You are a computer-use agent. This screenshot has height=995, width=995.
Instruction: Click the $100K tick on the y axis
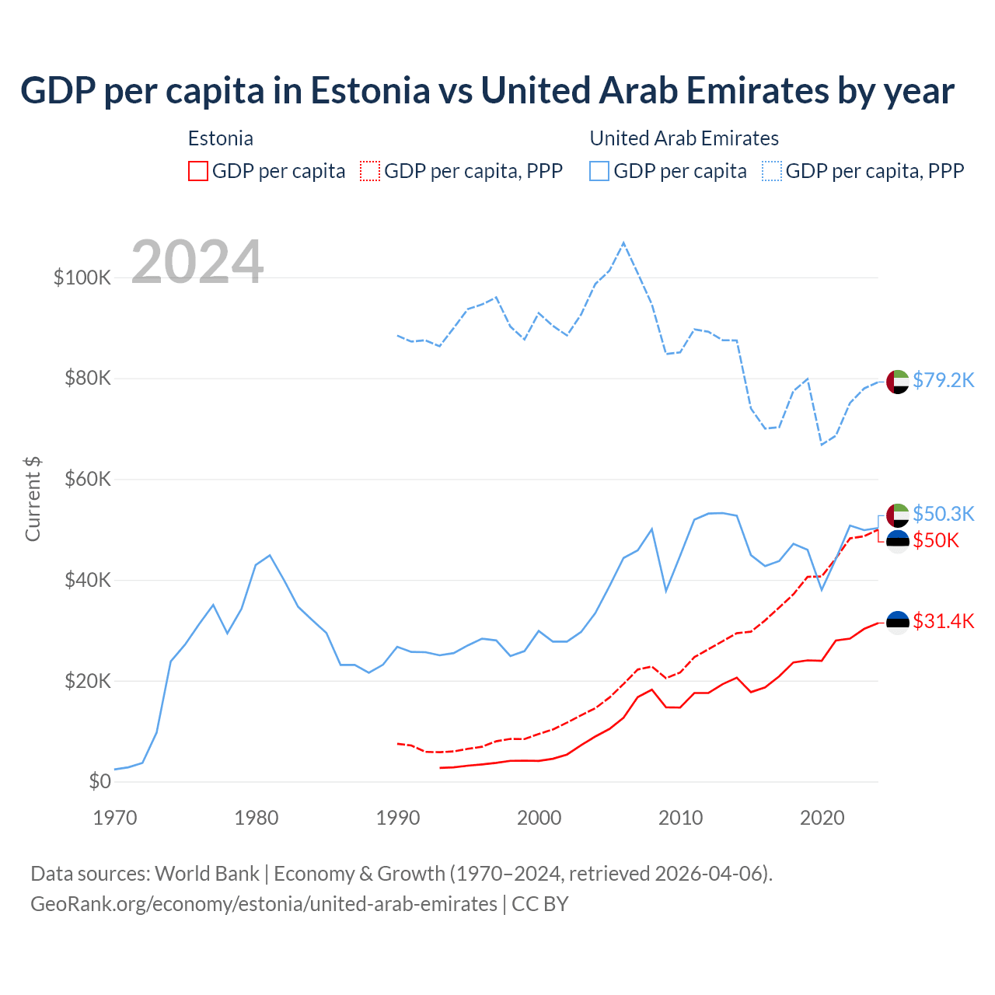tap(82, 278)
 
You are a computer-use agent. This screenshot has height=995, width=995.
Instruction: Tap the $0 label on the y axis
tap(99, 781)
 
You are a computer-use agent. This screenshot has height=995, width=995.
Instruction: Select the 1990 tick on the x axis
tap(398, 818)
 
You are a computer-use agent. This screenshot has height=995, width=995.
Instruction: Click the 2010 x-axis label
tap(681, 818)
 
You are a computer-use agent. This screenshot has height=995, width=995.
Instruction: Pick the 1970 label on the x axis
tap(115, 818)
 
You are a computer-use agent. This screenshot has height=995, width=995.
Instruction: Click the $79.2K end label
tap(943, 380)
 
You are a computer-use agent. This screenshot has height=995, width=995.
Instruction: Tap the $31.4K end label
tap(943, 621)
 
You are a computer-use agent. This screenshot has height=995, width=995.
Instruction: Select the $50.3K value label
tap(943, 514)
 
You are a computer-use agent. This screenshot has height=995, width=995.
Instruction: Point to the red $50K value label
tap(936, 540)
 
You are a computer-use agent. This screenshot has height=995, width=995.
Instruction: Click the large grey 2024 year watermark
tap(197, 262)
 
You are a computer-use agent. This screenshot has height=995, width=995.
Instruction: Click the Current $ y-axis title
tap(33, 499)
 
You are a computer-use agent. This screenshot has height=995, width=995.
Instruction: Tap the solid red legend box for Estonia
tap(198, 171)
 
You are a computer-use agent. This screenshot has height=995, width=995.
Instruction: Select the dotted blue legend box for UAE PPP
tap(772, 171)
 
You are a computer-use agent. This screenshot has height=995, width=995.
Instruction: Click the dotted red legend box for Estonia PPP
tap(370, 171)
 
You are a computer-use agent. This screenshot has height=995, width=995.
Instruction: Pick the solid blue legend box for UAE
tap(599, 171)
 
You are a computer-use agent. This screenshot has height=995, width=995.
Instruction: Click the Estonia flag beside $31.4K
tap(898, 622)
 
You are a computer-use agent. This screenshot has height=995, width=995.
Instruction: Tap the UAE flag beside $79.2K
tap(898, 382)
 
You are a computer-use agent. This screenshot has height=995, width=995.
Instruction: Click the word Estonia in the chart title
tap(370, 90)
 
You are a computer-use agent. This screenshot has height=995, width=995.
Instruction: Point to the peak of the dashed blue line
tap(623, 243)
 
